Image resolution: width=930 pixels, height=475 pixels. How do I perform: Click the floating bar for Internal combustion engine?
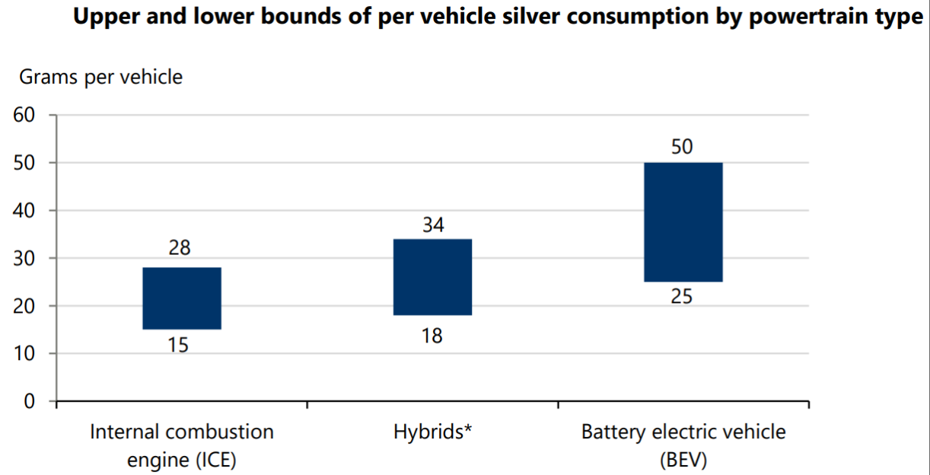point(182,298)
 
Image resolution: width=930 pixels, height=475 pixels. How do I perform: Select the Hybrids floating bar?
point(432,277)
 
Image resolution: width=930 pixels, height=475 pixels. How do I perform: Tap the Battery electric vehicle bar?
point(683,222)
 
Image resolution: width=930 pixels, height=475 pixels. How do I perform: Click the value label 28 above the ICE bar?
point(180,248)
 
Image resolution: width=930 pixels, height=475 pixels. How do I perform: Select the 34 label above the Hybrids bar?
point(432,225)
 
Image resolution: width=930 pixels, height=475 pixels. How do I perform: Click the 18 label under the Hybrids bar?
point(432,336)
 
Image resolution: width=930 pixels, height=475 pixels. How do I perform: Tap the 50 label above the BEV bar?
point(682,147)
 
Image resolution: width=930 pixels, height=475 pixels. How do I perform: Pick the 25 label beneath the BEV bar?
point(681,298)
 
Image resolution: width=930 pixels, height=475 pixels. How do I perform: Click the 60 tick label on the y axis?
point(24,116)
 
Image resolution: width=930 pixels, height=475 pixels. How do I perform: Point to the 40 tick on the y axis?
point(24,211)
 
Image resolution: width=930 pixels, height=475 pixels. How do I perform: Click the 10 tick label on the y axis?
point(24,354)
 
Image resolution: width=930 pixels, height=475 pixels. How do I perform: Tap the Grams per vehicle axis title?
point(100,77)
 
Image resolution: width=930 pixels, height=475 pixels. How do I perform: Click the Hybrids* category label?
point(433,432)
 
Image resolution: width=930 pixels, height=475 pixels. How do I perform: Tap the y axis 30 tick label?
point(24,259)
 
